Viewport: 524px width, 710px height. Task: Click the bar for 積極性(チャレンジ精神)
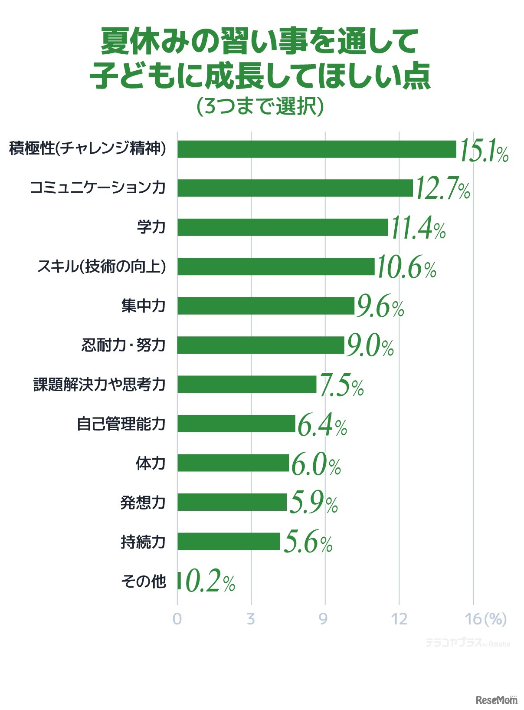click(x=317, y=149)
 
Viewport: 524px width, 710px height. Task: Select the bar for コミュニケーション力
click(x=295, y=188)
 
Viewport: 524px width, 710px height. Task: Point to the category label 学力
click(x=151, y=227)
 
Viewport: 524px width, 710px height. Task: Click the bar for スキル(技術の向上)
click(x=276, y=266)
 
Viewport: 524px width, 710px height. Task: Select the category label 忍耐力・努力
click(x=124, y=345)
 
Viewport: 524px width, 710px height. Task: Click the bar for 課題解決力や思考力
click(x=247, y=385)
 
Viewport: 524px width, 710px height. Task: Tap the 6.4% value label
click(x=322, y=426)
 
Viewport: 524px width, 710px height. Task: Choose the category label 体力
click(x=151, y=463)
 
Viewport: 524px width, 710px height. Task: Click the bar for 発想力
click(x=232, y=502)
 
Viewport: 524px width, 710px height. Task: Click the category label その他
click(x=144, y=581)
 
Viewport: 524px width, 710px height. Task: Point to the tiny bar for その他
click(x=179, y=581)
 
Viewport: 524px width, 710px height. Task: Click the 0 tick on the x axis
click(x=177, y=619)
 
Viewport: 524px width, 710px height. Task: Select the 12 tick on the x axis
click(x=399, y=619)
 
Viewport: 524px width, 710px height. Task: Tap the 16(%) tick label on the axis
click(x=485, y=619)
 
